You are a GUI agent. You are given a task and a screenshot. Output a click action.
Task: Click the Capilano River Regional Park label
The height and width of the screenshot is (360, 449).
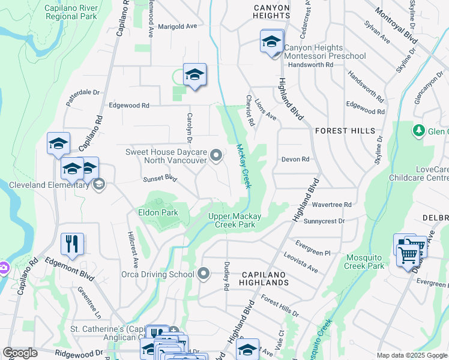click(x=71, y=13)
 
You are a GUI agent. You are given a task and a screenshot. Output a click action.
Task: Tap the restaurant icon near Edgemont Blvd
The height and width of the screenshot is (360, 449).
click(x=72, y=244)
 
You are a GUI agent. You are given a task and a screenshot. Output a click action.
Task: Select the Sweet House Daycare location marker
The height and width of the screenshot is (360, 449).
click(x=217, y=157)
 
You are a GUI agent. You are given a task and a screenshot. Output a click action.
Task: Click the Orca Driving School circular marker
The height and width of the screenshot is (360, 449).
click(x=204, y=274)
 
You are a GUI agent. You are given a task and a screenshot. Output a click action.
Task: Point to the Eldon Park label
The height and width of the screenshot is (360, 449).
click(x=158, y=212)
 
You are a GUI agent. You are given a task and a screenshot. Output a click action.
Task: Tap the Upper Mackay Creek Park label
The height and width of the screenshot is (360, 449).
click(x=240, y=221)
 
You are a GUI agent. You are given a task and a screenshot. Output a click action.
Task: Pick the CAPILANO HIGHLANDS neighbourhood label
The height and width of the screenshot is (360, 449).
click(x=265, y=278)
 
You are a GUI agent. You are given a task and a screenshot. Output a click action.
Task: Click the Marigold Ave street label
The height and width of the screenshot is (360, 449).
click(x=177, y=27)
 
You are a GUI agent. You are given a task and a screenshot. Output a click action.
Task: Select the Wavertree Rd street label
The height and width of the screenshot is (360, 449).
click(x=331, y=205)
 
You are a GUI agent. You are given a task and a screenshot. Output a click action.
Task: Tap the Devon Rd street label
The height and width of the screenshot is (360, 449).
click(x=295, y=160)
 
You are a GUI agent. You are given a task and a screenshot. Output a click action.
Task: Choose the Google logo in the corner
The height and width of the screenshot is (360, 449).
click(x=20, y=353)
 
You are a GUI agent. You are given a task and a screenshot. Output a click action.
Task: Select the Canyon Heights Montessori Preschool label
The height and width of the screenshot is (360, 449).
click(x=324, y=52)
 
